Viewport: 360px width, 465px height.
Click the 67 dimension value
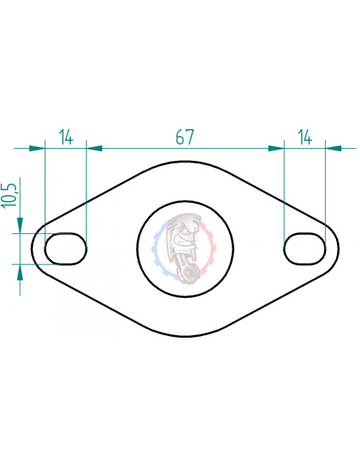(x=185, y=137)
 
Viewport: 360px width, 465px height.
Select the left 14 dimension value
(x=65, y=137)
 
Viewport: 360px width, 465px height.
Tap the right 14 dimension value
(x=304, y=137)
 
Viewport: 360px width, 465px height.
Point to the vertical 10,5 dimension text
(x=10, y=195)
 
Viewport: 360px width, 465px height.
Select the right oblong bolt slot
(x=304, y=248)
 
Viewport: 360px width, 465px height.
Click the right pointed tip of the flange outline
(x=339, y=248)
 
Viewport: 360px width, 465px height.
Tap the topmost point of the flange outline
(x=186, y=165)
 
